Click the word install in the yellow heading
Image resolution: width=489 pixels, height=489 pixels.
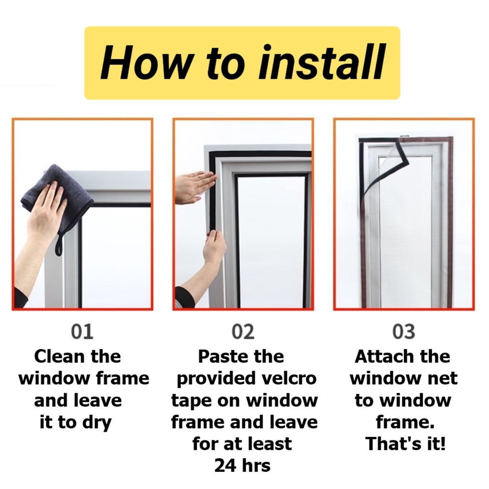coord(322,63)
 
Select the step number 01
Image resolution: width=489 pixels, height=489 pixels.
coord(82,331)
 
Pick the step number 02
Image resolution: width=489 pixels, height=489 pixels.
coord(243,331)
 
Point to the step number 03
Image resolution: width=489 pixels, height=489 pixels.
coord(404,331)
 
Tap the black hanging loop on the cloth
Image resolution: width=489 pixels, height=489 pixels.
coord(59,245)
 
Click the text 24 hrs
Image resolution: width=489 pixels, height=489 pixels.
coord(242,466)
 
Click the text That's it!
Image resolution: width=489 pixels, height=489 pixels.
coord(405,444)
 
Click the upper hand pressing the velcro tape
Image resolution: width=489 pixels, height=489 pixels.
coord(195,188)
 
